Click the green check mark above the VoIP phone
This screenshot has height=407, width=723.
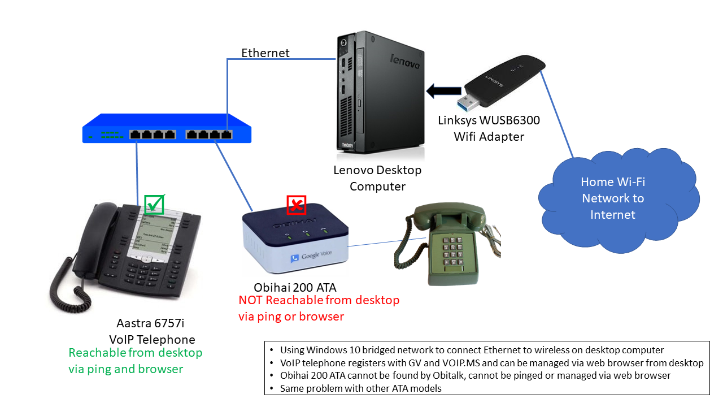coord(154,204)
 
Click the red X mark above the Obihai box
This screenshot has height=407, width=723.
coord(296,205)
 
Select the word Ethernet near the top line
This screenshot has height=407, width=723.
coord(265,53)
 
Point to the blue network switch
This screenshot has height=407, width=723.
coord(167,129)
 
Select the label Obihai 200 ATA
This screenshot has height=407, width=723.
coord(295,287)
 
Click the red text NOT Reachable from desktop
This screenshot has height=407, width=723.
coord(319,300)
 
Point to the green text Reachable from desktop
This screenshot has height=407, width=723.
coord(136,353)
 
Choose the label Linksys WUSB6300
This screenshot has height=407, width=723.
coord(489,120)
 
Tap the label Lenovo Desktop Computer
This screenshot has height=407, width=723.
coord(377,177)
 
